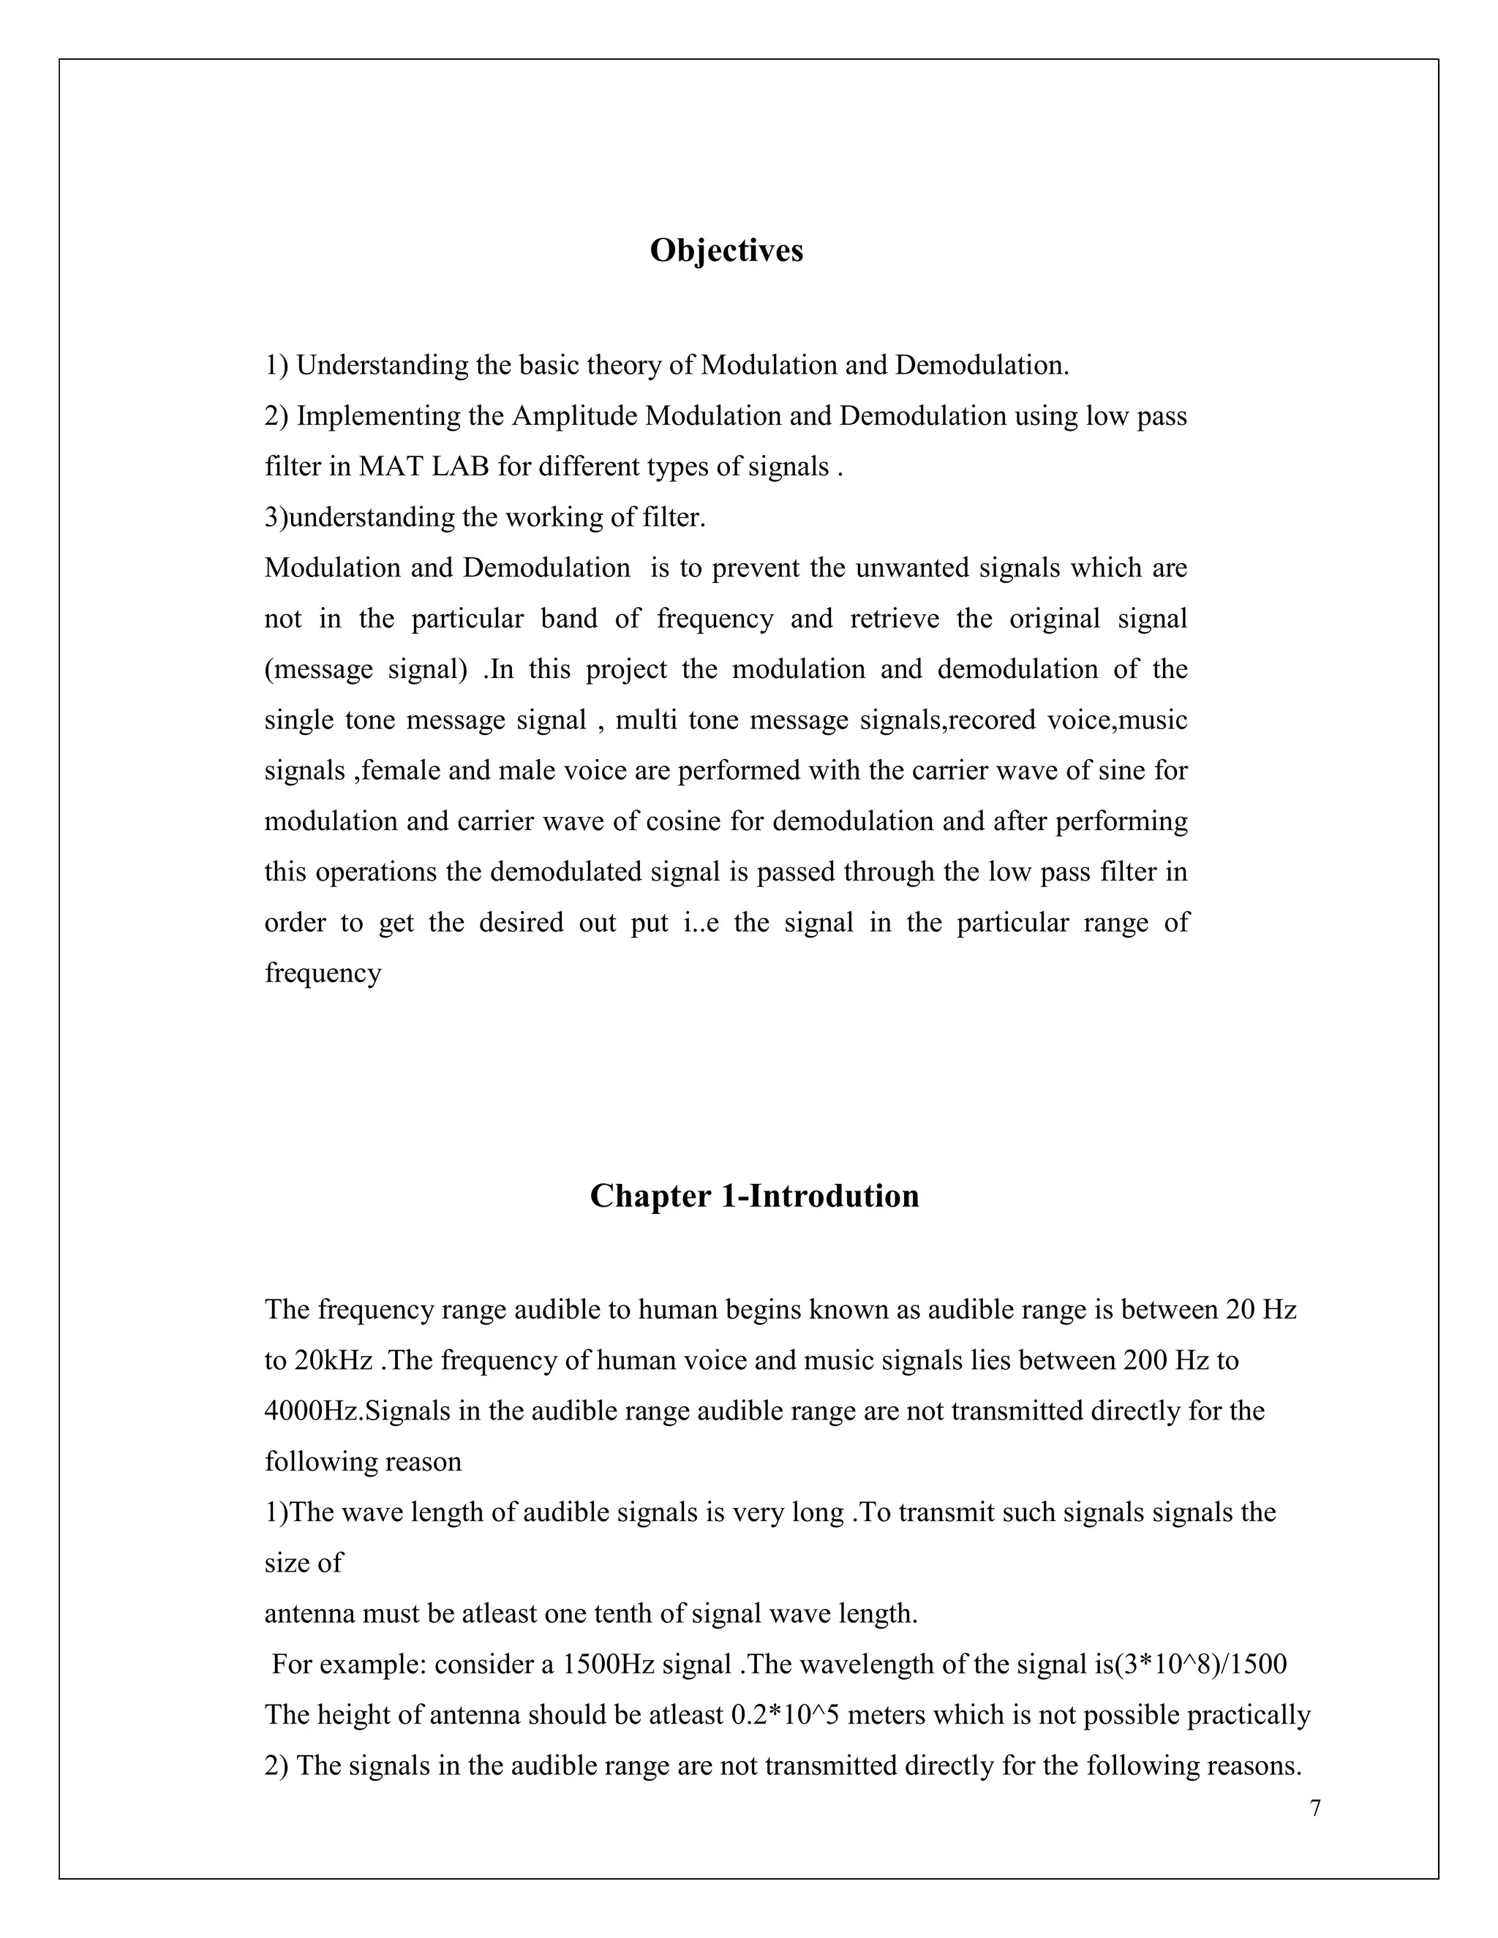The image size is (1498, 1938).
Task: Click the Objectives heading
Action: [726, 251]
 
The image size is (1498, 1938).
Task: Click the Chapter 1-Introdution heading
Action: [754, 1196]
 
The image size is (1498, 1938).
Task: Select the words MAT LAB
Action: [424, 467]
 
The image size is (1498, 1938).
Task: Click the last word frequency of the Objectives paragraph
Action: [323, 973]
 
